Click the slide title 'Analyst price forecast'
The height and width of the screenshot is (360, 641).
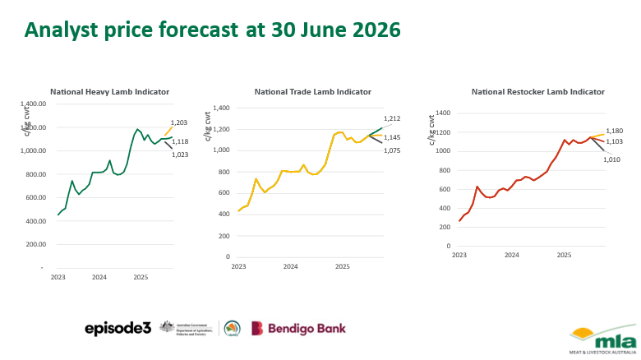(x=212, y=30)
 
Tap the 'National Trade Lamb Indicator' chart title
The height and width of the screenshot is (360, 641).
(x=312, y=91)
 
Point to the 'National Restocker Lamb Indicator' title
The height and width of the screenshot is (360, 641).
(x=537, y=91)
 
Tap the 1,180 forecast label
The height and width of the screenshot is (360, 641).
(x=615, y=131)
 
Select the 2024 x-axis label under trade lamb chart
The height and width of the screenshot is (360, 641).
(x=290, y=267)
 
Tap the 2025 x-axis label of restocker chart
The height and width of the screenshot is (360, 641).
(x=564, y=256)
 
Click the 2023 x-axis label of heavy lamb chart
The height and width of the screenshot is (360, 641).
(x=58, y=278)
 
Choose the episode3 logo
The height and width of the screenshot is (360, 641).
(x=118, y=328)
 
